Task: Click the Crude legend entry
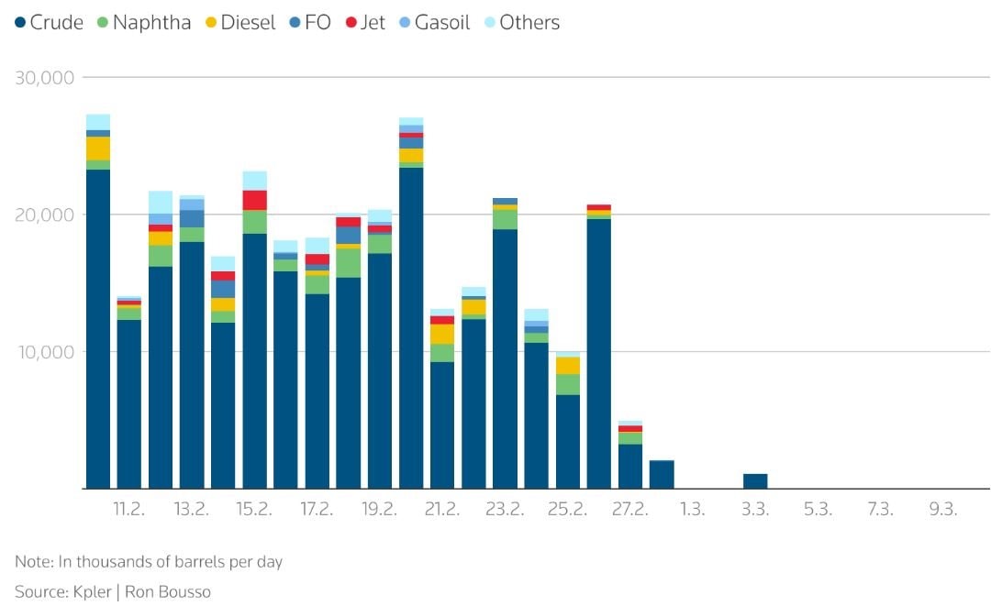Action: [x=50, y=23]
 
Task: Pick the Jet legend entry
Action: [x=364, y=23]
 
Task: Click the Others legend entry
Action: [x=521, y=23]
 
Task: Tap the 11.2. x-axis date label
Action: [x=129, y=510]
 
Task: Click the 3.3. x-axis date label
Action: [x=755, y=510]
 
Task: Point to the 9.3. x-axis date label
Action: [x=942, y=510]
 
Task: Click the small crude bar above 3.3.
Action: [x=755, y=480]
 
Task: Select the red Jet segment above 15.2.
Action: [x=254, y=200]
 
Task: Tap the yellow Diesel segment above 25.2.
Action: [x=567, y=365]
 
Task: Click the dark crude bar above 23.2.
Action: [x=505, y=358]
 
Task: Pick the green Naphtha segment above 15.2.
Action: [x=254, y=222]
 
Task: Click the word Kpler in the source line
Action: [x=93, y=591]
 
